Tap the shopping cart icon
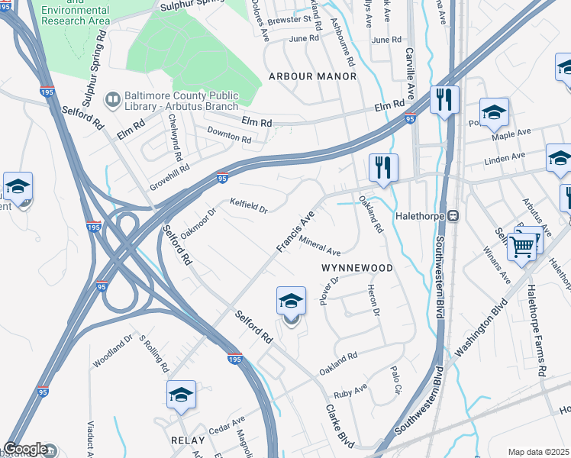coord(522,246)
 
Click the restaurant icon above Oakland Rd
coord(382,168)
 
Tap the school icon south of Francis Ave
coord(291,302)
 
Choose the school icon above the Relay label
coord(182,395)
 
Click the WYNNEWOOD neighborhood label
coord(356,268)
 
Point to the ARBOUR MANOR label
coord(312,76)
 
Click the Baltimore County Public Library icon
coord(113,99)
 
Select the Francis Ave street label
coord(295,233)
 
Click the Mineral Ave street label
coord(320,247)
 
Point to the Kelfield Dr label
coord(249,205)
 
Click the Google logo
coord(25,449)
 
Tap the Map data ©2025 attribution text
coord(538,452)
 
